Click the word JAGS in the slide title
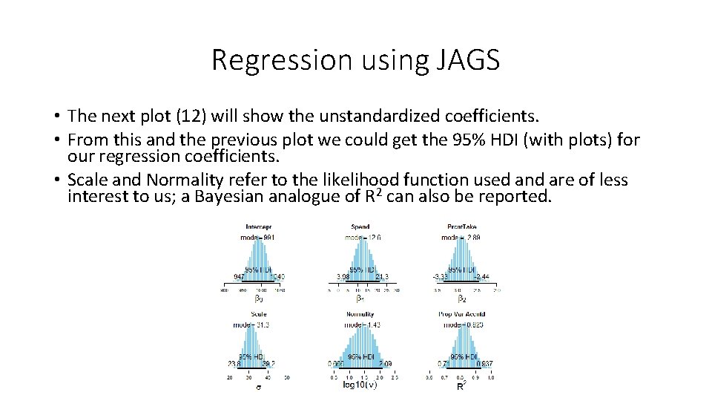464,60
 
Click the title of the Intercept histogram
257,226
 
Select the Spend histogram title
360,226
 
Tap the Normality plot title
360,314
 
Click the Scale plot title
258,314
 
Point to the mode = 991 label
257,237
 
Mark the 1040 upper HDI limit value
276,277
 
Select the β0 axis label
258,299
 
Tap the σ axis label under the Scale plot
258,386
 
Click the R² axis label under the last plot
461,386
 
